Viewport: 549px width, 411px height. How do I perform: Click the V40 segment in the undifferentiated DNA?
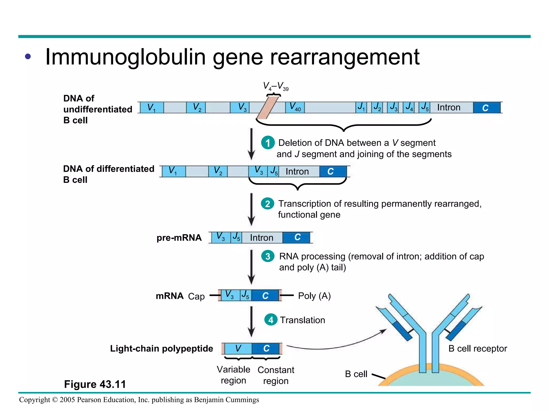pos(295,108)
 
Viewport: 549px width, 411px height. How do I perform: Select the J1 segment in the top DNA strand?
pos(361,108)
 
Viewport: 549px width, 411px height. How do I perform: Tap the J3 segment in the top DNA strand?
pos(393,108)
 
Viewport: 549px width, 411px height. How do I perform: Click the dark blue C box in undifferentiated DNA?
pos(486,108)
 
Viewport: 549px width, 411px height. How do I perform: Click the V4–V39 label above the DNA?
pos(275,86)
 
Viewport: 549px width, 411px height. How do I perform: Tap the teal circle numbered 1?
pos(268,143)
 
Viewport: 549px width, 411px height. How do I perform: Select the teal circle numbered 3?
pos(268,256)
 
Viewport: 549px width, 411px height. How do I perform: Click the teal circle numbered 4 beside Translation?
pos(271,320)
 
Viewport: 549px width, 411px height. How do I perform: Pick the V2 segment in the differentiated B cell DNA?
pos(218,171)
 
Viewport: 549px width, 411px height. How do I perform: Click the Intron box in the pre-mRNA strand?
pos(262,238)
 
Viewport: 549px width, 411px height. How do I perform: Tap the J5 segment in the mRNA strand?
pos(245,295)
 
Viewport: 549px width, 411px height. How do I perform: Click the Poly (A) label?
pos(314,296)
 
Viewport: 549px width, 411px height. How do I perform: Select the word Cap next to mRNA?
pos(196,296)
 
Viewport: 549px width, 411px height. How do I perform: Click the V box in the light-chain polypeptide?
pos(238,348)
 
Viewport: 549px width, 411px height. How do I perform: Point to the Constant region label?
pos(276,375)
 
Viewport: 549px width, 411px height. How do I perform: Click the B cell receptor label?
pos(477,348)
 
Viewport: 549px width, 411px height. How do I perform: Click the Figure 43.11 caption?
pos(95,384)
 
